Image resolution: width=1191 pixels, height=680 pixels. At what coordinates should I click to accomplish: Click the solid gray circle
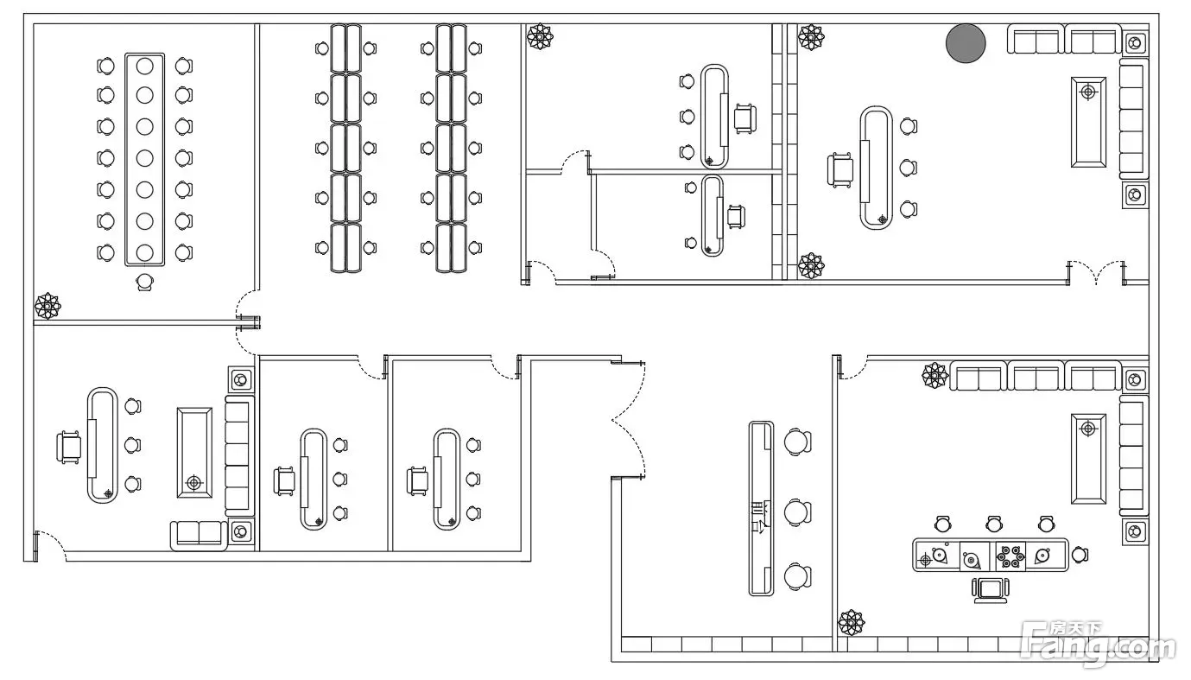click(x=966, y=44)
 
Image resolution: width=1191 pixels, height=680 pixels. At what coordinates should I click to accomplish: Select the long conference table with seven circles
click(x=144, y=158)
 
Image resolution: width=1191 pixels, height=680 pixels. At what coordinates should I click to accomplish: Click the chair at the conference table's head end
click(x=144, y=281)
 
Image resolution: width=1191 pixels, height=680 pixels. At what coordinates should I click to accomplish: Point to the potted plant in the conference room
click(x=47, y=306)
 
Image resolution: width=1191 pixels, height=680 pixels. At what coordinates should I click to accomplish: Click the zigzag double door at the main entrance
click(x=628, y=419)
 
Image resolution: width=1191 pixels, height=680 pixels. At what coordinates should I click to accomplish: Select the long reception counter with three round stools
click(x=761, y=508)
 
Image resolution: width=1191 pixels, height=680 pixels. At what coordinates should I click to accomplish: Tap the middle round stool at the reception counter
click(x=797, y=512)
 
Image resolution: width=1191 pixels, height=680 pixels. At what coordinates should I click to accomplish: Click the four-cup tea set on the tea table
click(x=1010, y=556)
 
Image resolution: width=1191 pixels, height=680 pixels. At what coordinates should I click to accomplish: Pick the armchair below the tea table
click(x=990, y=589)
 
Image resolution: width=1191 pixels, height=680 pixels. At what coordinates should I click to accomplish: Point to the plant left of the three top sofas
click(x=934, y=375)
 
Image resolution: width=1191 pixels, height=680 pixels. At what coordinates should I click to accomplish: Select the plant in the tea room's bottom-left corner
click(x=852, y=622)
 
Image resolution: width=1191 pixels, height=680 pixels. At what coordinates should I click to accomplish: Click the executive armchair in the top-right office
click(x=840, y=169)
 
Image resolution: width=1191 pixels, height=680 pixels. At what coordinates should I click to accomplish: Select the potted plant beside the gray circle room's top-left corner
click(x=810, y=37)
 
